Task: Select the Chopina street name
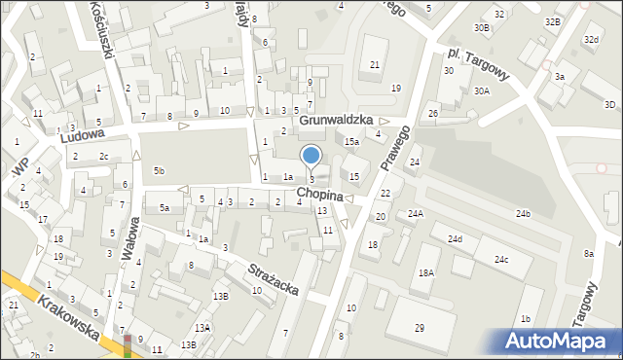(320, 196)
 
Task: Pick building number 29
(419, 329)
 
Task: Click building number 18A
(425, 274)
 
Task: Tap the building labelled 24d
(455, 238)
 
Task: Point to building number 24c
(500, 260)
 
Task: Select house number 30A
(481, 90)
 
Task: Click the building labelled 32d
(590, 39)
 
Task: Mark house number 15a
(351, 142)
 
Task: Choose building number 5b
(159, 171)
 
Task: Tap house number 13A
(202, 328)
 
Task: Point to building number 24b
(524, 213)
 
